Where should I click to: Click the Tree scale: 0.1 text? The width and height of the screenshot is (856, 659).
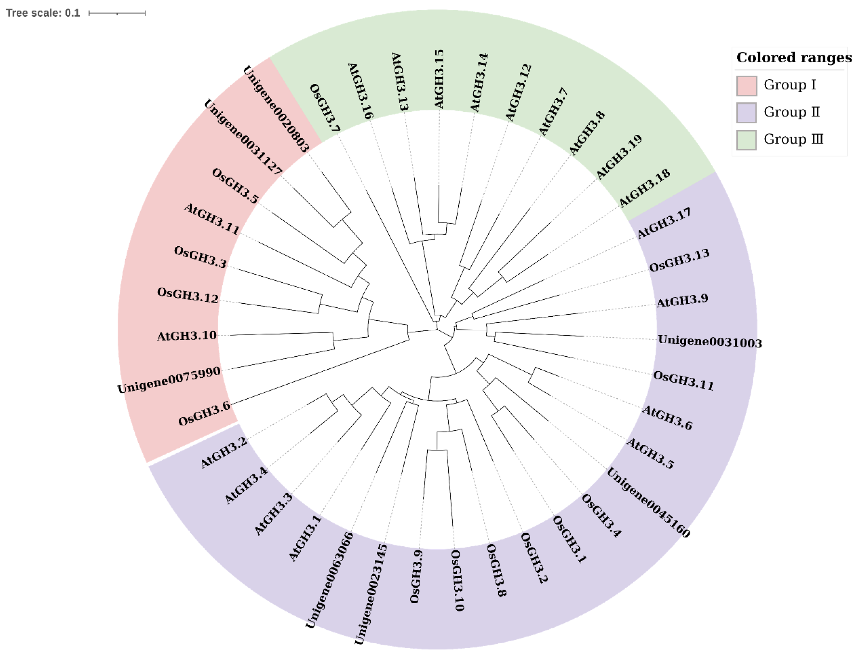coord(43,13)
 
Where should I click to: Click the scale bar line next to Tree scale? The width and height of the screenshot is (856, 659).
coord(117,13)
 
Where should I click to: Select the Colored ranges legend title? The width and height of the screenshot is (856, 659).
coord(794,58)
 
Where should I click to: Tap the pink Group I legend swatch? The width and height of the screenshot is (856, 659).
coord(746,85)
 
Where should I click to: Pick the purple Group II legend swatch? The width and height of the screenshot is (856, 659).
coord(746,112)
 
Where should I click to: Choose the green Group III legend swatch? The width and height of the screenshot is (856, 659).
coord(746,140)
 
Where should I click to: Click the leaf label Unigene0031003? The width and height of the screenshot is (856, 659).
coord(710,342)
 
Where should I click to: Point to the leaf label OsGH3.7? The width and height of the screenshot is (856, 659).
coord(325,108)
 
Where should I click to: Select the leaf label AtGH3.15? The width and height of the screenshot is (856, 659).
coord(439,79)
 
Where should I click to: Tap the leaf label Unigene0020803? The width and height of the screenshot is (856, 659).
coord(276,109)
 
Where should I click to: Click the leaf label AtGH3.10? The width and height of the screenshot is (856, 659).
coord(187,336)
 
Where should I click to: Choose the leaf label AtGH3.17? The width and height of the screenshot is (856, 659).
coord(664,223)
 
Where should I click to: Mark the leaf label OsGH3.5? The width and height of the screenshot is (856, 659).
coord(235,186)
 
